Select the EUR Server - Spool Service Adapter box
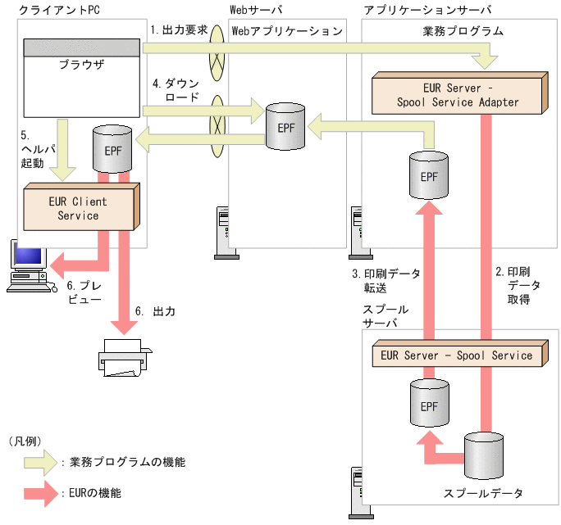coord(457,95)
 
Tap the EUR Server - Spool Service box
coord(457,355)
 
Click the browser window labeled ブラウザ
coord(81,78)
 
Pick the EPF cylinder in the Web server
coord(285,126)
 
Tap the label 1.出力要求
coord(179,29)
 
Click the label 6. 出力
coord(155,312)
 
